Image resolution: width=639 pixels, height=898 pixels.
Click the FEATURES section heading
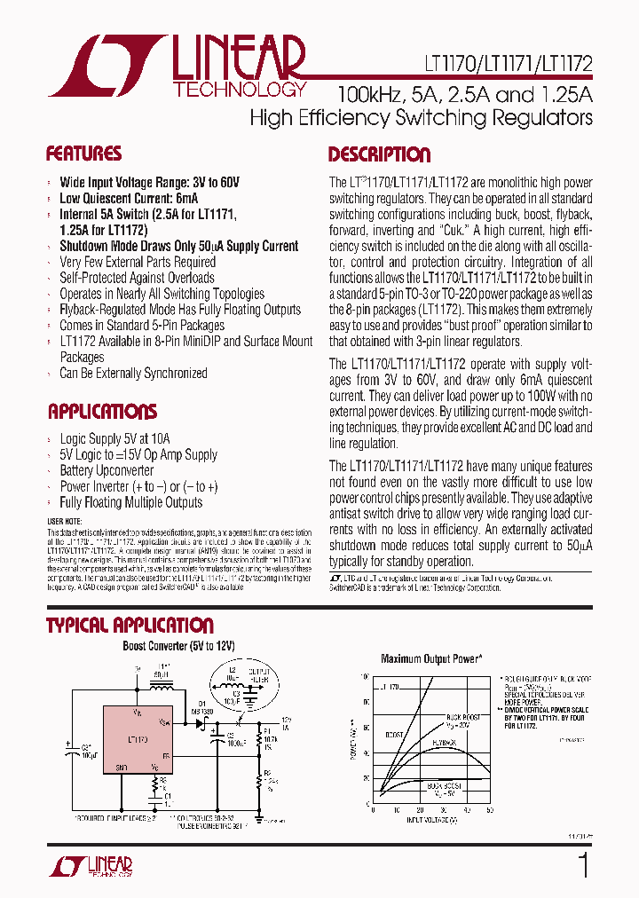coord(83,154)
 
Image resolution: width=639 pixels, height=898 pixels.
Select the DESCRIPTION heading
coord(379,154)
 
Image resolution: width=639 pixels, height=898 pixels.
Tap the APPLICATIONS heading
coord(102,412)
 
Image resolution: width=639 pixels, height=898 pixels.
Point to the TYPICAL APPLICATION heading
coord(130,625)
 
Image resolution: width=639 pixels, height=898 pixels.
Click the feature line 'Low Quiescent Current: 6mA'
coord(129,198)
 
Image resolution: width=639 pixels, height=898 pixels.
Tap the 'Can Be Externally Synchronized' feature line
coord(133,373)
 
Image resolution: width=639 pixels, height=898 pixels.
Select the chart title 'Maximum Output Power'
coord(430,658)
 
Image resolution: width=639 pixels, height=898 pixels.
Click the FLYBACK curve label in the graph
coord(444,740)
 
